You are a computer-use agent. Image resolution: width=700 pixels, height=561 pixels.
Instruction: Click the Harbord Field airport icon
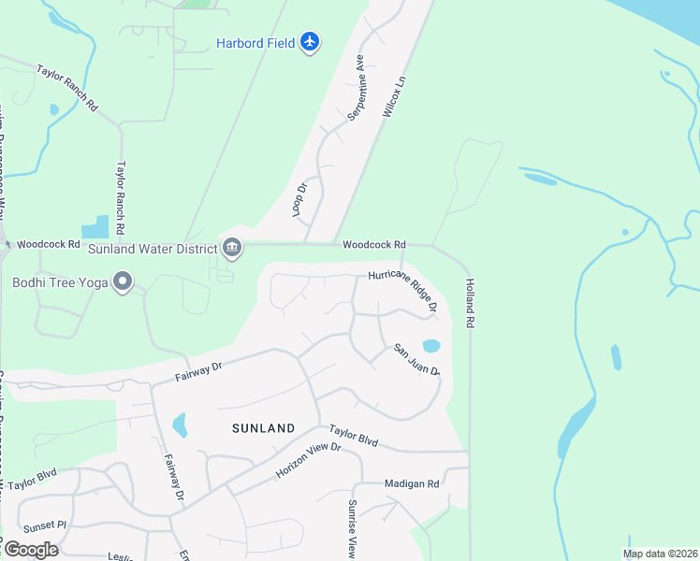[x=311, y=42]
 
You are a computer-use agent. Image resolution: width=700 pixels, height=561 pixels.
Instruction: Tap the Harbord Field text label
[x=255, y=43]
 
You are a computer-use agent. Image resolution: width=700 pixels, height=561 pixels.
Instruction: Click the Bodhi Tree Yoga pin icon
[x=122, y=281]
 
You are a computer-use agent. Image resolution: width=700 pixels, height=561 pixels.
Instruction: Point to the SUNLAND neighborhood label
[x=264, y=428]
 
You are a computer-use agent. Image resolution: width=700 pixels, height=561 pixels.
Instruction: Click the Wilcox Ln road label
[x=397, y=96]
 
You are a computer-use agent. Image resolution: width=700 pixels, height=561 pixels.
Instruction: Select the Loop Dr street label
[x=300, y=201]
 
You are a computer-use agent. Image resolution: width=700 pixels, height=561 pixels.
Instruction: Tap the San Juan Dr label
[x=416, y=360]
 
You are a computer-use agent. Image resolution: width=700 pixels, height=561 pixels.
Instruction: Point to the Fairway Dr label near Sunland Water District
[x=197, y=371]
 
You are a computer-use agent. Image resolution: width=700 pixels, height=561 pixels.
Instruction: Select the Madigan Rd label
[x=412, y=484]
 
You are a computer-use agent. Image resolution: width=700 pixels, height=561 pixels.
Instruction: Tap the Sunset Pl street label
[x=45, y=526]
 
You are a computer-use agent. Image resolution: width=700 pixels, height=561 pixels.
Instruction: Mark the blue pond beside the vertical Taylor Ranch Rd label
[x=95, y=227]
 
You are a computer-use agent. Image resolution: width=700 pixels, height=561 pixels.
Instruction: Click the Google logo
[x=31, y=550]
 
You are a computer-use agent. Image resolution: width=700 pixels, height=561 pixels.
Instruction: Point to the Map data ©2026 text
[x=660, y=554]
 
